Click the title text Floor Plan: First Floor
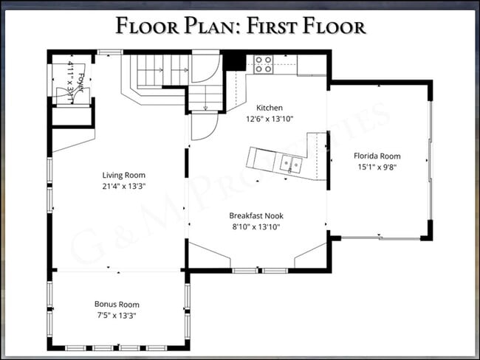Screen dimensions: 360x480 point(240,27)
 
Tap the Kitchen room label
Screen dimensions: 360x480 point(269,108)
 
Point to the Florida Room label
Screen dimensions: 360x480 point(377,156)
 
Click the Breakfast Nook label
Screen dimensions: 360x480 point(256,216)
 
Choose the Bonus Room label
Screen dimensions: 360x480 point(116,304)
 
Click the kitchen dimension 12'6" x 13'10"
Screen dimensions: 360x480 point(269,118)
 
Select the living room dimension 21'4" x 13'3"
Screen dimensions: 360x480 point(123,186)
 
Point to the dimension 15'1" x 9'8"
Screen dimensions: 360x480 point(377,167)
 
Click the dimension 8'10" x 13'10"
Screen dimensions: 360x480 point(256,227)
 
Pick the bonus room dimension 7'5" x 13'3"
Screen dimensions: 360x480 point(116,315)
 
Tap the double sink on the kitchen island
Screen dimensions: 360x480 point(290,162)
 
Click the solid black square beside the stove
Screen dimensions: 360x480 point(235,60)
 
